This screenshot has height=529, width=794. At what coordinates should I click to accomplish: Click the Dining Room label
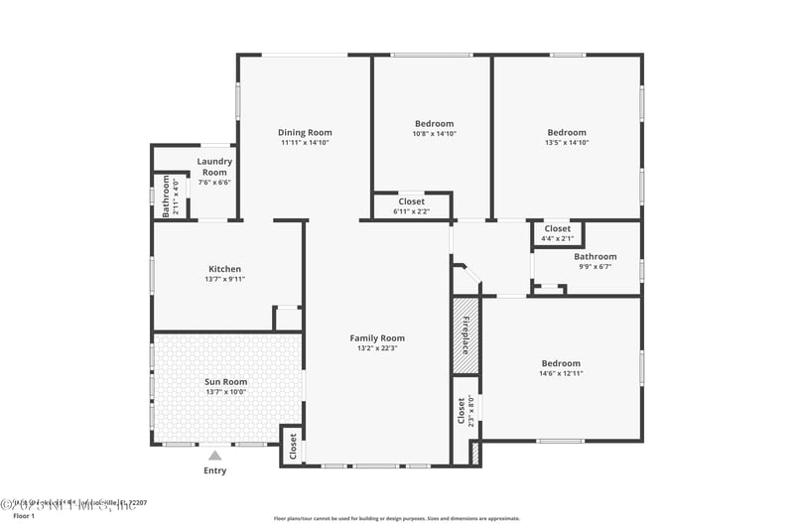305,132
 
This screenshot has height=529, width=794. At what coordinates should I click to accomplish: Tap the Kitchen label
224,269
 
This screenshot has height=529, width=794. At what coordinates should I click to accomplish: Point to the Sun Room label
226,381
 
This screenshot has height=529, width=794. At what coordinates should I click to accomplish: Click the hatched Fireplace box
465,335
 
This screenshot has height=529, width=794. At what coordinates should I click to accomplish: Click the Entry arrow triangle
214,456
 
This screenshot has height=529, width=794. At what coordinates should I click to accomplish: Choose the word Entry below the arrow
214,470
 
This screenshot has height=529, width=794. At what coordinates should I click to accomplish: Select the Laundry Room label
214,167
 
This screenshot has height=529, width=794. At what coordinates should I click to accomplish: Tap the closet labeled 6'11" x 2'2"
411,205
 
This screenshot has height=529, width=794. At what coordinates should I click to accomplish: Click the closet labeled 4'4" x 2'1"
558,233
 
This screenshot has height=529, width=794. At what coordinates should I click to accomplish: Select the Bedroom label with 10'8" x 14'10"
434,124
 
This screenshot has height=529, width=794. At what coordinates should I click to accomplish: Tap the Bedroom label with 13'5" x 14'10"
567,132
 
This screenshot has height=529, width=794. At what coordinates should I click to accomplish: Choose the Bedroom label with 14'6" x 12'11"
561,363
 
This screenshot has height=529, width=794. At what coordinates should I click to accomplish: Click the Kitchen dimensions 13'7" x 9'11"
224,280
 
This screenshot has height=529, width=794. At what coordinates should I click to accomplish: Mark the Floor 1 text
24,516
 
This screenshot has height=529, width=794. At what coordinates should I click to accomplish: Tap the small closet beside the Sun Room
293,446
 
